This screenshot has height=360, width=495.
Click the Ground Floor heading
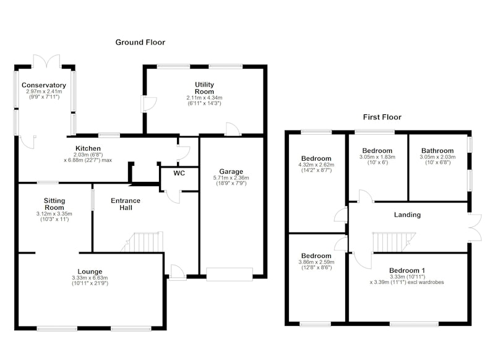(x=140, y=42)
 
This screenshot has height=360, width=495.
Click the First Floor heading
(x=382, y=117)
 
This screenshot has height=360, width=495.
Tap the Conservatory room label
(x=44, y=85)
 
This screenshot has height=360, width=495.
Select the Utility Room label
(x=204, y=88)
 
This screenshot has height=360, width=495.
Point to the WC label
(x=179, y=173)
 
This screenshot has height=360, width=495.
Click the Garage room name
(x=231, y=171)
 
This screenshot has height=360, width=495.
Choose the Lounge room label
(x=90, y=272)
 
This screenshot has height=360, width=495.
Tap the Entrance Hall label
(x=126, y=204)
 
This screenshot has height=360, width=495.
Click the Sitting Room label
(x=54, y=204)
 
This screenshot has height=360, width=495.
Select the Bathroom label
(x=437, y=150)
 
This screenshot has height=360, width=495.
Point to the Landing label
(x=407, y=215)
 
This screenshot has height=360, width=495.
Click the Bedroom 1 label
(x=407, y=270)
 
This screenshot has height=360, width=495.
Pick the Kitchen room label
(x=88, y=148)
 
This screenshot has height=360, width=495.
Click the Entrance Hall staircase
(x=143, y=242)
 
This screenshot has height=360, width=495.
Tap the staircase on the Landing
(x=394, y=242)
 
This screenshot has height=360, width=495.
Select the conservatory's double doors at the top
(x=46, y=61)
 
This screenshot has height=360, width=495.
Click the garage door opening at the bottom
(x=230, y=274)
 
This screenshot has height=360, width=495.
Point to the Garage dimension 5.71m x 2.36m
(x=231, y=178)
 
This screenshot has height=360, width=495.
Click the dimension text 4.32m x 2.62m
(x=316, y=165)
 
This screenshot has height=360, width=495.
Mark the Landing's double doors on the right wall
(x=475, y=228)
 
